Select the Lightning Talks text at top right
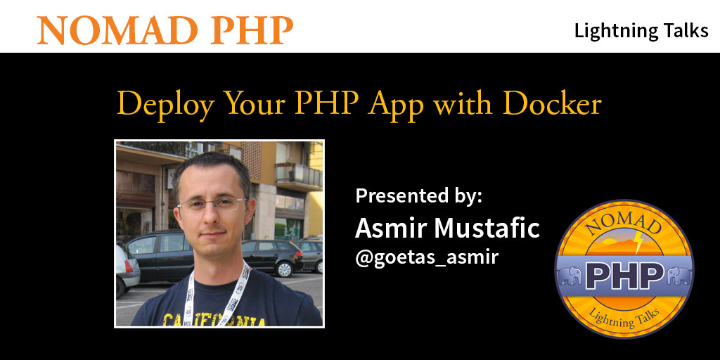pos(641,31)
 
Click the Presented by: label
pos(419,197)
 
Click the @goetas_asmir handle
pos(427,257)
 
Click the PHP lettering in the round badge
pos(624,276)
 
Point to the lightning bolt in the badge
pos(638,243)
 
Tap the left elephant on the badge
pos(570,276)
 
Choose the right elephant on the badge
pos(680,276)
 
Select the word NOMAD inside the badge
pos(624,224)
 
